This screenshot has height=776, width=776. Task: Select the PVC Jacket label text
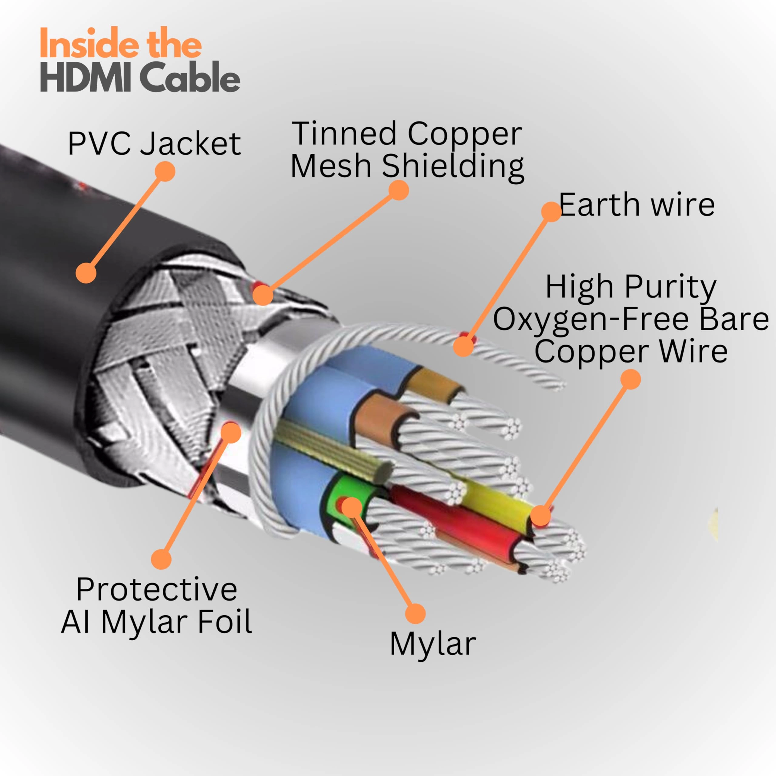click(x=154, y=143)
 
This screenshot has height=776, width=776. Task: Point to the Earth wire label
click(x=637, y=205)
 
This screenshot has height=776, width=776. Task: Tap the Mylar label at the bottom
click(x=433, y=644)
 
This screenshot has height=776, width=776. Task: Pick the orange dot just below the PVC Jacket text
click(x=165, y=172)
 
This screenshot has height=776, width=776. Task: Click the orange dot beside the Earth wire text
click(x=551, y=211)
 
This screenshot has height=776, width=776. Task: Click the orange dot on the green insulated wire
click(x=351, y=507)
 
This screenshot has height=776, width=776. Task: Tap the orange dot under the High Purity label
click(x=630, y=379)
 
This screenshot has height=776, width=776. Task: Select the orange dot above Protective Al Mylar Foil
click(x=161, y=559)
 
